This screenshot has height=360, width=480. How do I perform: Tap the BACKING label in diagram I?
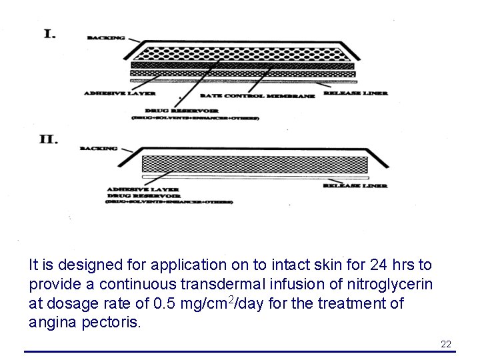pyautogui.click(x=106, y=39)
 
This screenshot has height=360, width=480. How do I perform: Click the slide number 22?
pyautogui.click(x=446, y=344)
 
